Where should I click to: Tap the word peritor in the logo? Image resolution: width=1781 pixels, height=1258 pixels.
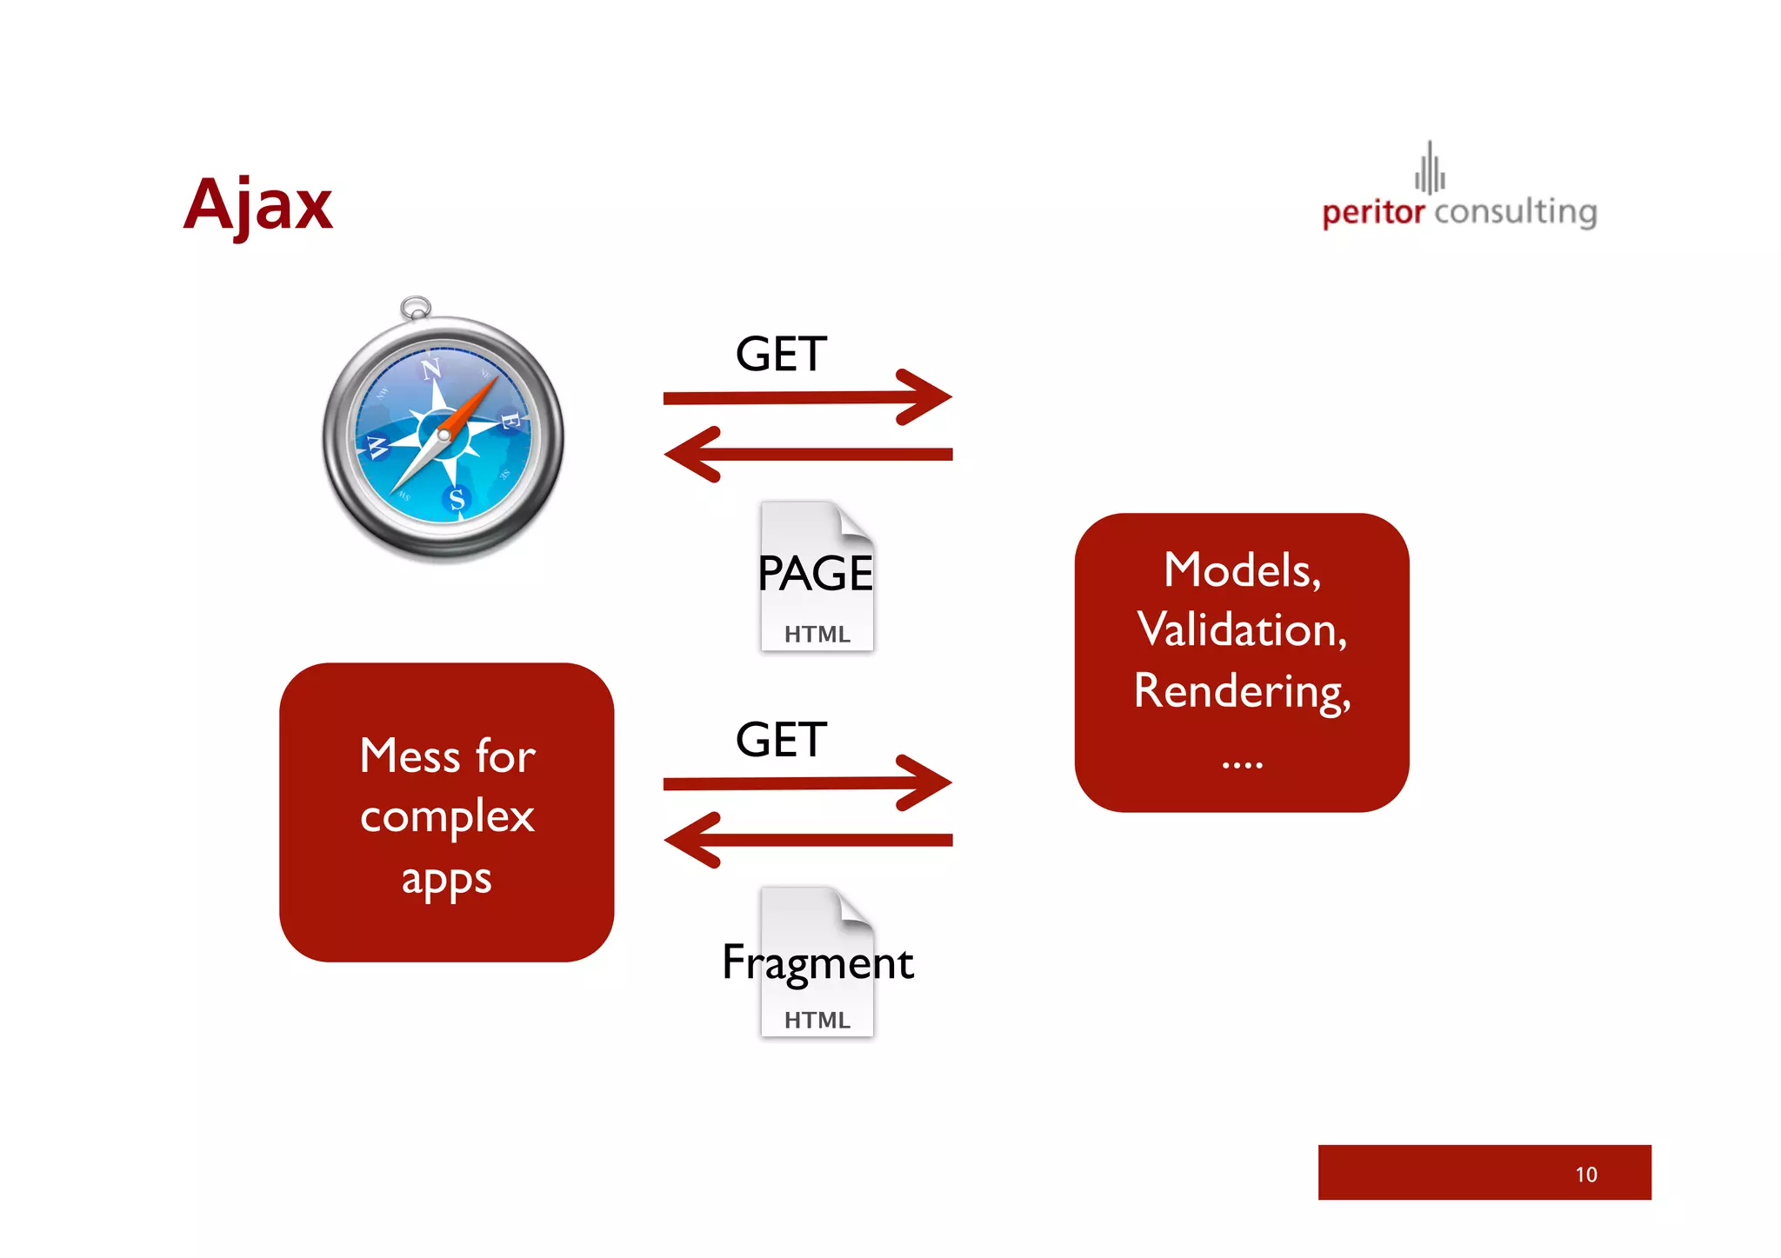[x=1372, y=212]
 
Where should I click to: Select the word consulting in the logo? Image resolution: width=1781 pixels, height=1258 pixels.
[x=1515, y=212]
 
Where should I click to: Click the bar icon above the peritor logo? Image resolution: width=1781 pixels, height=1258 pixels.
[x=1429, y=168]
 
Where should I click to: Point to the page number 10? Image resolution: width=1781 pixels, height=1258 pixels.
[x=1585, y=1175]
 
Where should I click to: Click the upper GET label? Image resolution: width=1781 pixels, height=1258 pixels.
[x=780, y=355]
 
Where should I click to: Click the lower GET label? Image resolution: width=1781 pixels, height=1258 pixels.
[x=780, y=740]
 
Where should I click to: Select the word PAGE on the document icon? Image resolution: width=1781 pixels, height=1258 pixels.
[x=815, y=574]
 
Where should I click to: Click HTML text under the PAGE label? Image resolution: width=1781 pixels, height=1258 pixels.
[x=817, y=635]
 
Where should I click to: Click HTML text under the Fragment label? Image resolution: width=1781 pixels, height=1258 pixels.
[x=817, y=1020]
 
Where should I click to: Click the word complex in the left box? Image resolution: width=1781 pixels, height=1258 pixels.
[x=447, y=817]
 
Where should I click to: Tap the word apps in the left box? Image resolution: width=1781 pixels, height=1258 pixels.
[x=446, y=879]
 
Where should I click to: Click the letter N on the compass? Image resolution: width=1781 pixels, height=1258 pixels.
[x=430, y=369]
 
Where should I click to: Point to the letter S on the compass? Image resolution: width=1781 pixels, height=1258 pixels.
[x=457, y=499]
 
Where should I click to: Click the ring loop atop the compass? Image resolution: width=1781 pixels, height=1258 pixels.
[x=416, y=307]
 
